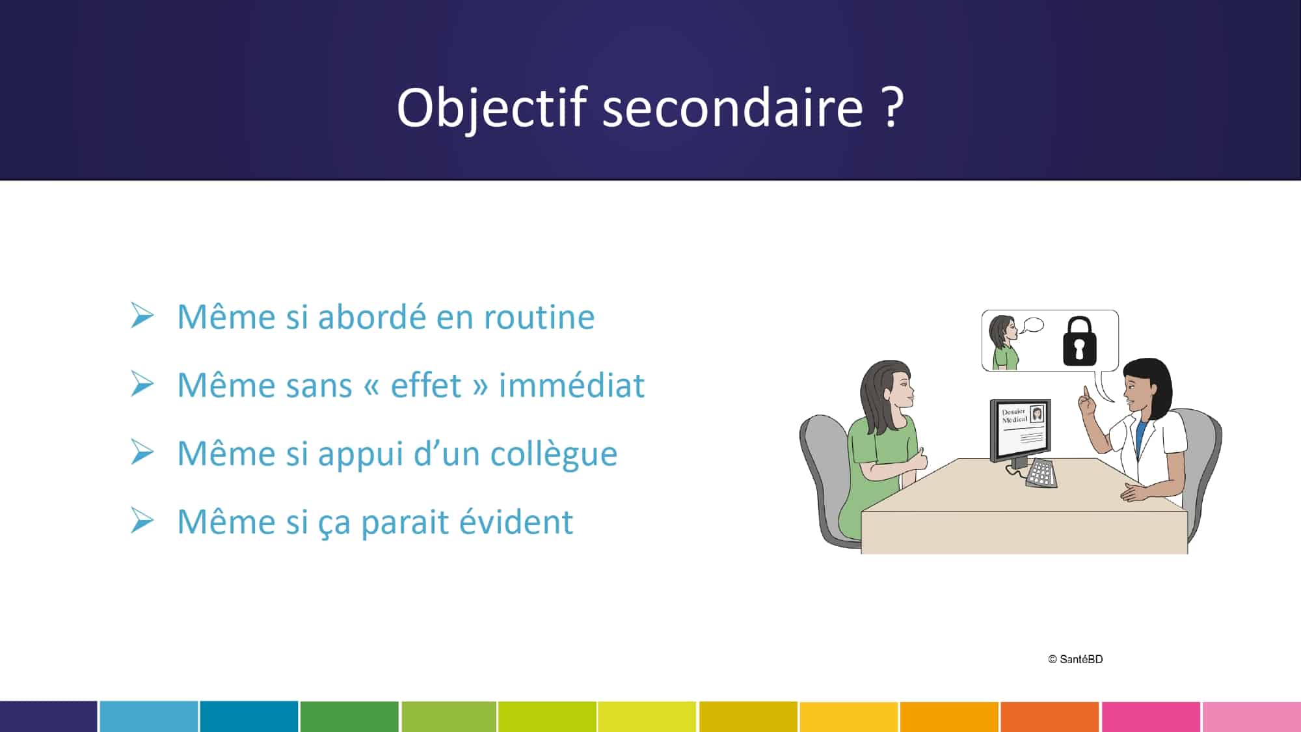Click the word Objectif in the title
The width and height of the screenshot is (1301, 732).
click(x=492, y=107)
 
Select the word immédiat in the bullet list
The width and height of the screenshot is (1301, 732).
click(x=572, y=385)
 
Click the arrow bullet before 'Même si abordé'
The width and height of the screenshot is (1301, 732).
click(x=142, y=316)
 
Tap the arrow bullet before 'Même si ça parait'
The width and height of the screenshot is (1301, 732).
click(x=142, y=521)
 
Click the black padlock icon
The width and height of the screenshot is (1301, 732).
click(x=1079, y=341)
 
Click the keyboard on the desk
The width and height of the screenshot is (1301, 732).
click(x=1041, y=473)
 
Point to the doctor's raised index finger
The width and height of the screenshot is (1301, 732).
click(x=1084, y=394)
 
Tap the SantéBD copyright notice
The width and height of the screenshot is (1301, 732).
click(x=1075, y=659)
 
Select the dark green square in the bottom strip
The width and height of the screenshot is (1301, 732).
click(x=349, y=716)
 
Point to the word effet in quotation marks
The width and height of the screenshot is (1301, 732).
click(x=426, y=385)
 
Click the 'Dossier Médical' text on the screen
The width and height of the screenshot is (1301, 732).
click(x=1014, y=416)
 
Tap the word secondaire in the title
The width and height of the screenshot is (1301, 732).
click(x=733, y=107)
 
